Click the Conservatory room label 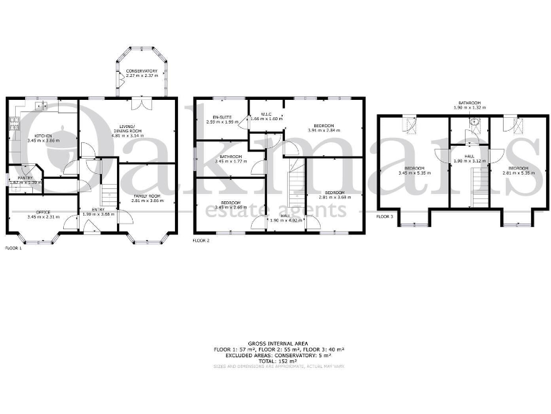coord(141,71)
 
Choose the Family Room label coord(147,195)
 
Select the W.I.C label coord(265,114)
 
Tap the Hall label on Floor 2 coord(285,215)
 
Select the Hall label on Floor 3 coord(469,156)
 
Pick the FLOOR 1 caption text coord(13,248)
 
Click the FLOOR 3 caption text coord(385,216)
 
